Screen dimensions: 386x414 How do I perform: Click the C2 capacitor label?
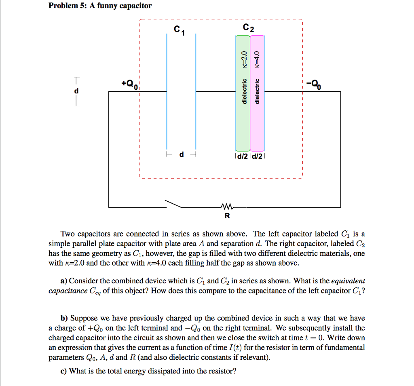[249, 29]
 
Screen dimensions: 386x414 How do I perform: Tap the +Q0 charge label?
[130, 84]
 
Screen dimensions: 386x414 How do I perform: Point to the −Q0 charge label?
[314, 84]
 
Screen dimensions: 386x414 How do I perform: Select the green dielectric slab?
[243, 121]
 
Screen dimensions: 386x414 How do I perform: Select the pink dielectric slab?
[257, 121]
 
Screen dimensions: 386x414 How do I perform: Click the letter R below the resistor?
[227, 216]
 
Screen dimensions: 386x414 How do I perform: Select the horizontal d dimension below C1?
[181, 155]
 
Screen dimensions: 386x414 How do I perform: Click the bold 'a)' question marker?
[63, 281]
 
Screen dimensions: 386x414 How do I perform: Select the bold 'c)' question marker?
[63, 371]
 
